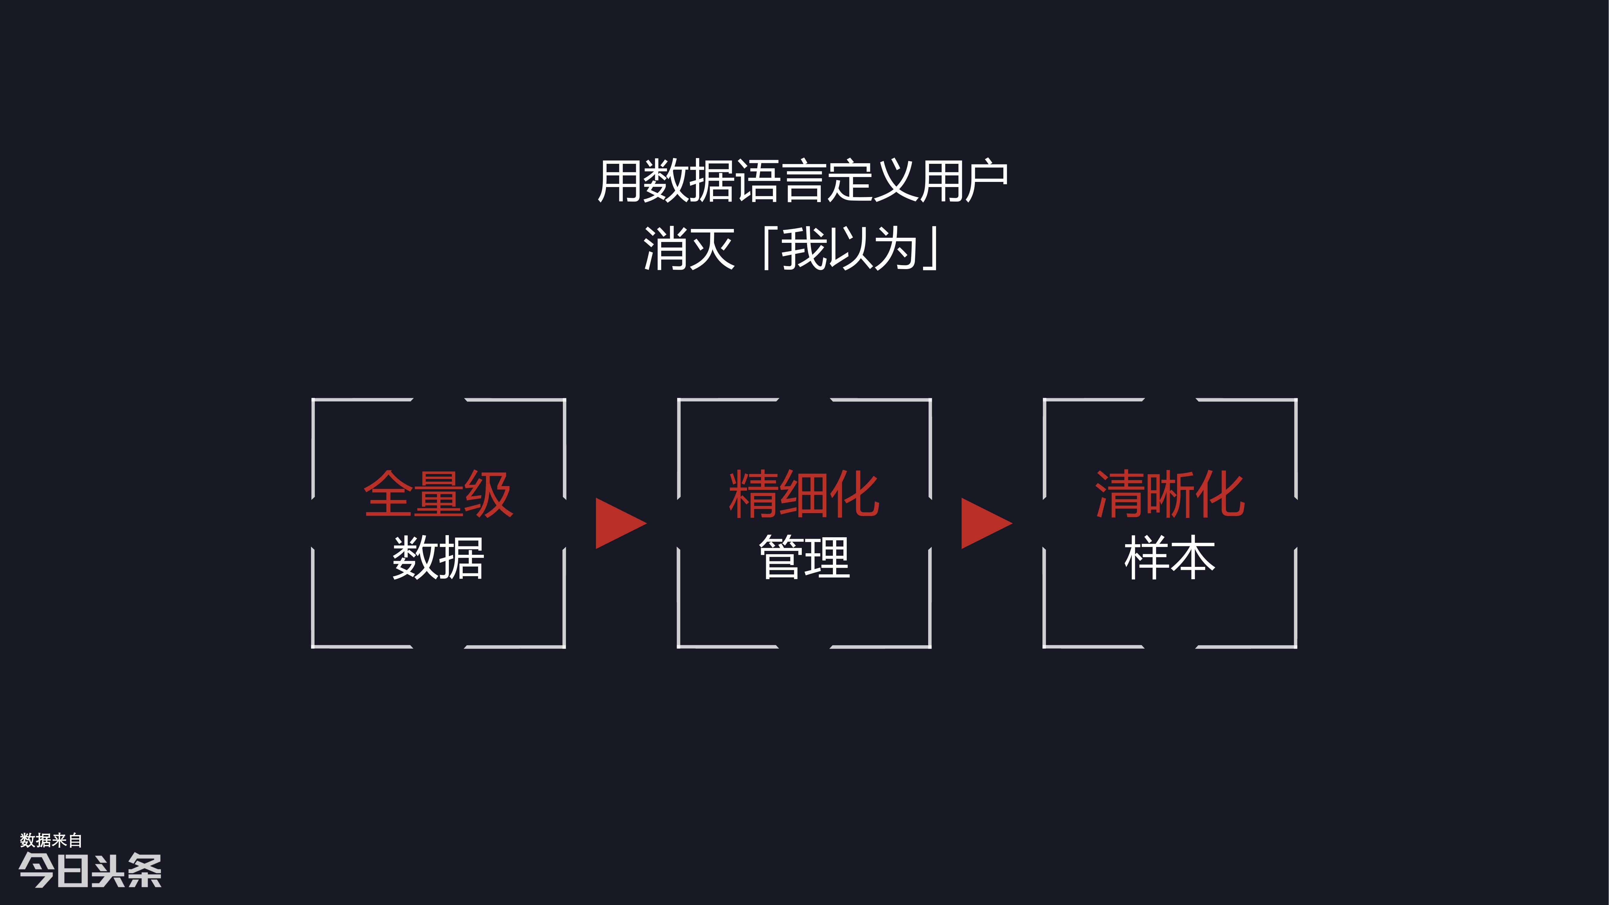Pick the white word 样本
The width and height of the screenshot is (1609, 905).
point(1170,557)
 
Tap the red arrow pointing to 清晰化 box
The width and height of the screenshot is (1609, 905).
point(986,523)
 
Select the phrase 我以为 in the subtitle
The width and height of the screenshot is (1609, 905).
point(849,249)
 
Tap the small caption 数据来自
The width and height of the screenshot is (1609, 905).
point(51,840)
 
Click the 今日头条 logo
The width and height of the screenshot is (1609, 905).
point(90,870)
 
